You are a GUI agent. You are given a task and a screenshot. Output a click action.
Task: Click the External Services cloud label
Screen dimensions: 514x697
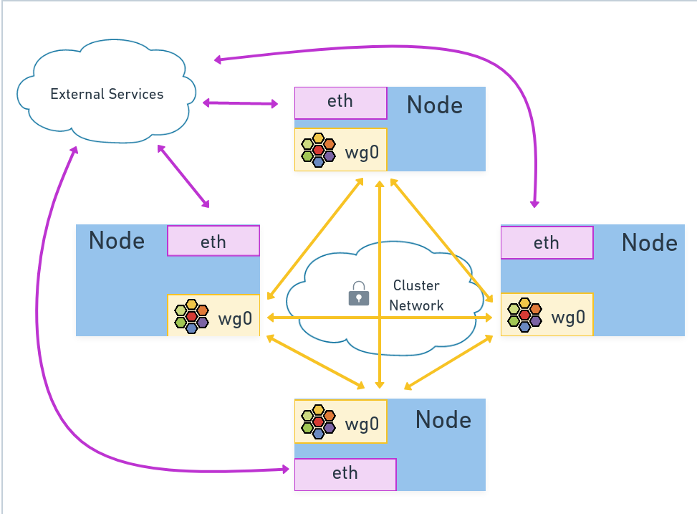[107, 94]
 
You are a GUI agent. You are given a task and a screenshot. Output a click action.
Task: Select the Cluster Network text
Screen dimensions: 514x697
[416, 295]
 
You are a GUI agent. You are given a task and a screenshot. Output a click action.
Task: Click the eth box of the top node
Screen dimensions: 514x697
[340, 102]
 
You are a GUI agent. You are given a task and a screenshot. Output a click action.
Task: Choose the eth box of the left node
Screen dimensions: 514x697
[213, 242]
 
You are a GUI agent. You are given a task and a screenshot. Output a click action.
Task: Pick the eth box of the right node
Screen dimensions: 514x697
[546, 242]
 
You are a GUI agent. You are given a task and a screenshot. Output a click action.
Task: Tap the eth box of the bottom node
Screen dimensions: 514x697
[345, 474]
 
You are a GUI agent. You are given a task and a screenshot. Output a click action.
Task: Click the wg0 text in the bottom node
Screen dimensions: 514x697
[362, 424]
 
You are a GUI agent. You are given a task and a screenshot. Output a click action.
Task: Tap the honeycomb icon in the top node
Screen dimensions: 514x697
[318, 151]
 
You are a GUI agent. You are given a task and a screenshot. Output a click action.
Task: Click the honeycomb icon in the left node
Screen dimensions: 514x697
[192, 316]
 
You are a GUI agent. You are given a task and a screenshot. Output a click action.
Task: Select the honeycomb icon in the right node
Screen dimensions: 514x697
[524, 315]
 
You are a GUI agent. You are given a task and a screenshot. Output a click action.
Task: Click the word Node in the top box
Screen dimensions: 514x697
[434, 105]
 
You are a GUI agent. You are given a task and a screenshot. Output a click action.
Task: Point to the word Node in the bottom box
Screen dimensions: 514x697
[443, 419]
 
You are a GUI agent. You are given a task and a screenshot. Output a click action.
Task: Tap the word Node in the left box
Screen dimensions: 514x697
[117, 241]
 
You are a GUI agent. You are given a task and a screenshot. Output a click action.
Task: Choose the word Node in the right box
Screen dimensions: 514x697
[649, 242]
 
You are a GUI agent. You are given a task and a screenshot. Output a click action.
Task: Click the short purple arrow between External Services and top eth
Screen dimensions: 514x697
[241, 104]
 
